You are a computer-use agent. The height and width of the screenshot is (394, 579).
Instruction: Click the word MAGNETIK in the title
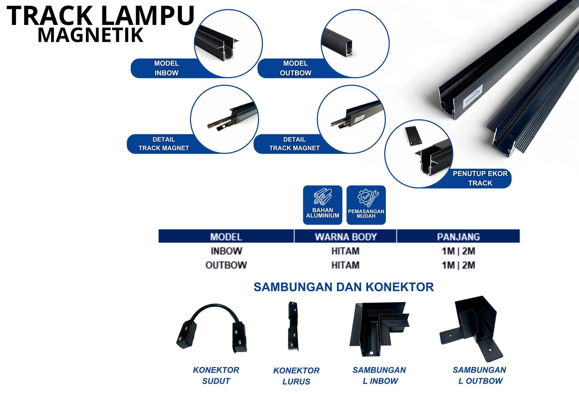pyautogui.click(x=90, y=35)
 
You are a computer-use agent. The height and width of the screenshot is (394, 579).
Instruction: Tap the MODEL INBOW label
pyautogui.click(x=166, y=68)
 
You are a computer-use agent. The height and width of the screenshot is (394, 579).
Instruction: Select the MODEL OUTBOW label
pyautogui.click(x=296, y=68)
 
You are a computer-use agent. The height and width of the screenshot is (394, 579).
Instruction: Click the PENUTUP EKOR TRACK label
pyautogui.click(x=480, y=178)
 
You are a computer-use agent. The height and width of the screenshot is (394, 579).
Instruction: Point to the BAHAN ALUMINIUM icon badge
pyautogui.click(x=322, y=205)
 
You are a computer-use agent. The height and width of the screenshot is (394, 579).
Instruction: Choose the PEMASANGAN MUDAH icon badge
pyautogui.click(x=366, y=205)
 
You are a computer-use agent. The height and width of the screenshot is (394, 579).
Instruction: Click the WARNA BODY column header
pyautogui.click(x=345, y=237)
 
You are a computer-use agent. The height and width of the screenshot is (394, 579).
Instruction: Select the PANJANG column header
pyautogui.click(x=458, y=237)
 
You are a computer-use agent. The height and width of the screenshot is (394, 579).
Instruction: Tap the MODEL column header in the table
pyautogui.click(x=226, y=237)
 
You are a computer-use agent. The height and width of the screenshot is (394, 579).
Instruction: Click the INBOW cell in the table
pyautogui.click(x=226, y=251)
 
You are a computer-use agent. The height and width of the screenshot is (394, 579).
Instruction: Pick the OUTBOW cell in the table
pyautogui.click(x=226, y=265)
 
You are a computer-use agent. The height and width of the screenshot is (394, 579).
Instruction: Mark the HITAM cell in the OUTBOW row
pyautogui.click(x=345, y=265)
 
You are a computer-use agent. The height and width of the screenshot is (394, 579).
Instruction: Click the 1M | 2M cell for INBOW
pyautogui.click(x=458, y=251)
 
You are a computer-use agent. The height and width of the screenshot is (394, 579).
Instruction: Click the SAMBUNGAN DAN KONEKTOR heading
pyautogui.click(x=344, y=287)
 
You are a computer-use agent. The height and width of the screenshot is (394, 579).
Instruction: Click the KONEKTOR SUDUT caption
pyautogui.click(x=216, y=375)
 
